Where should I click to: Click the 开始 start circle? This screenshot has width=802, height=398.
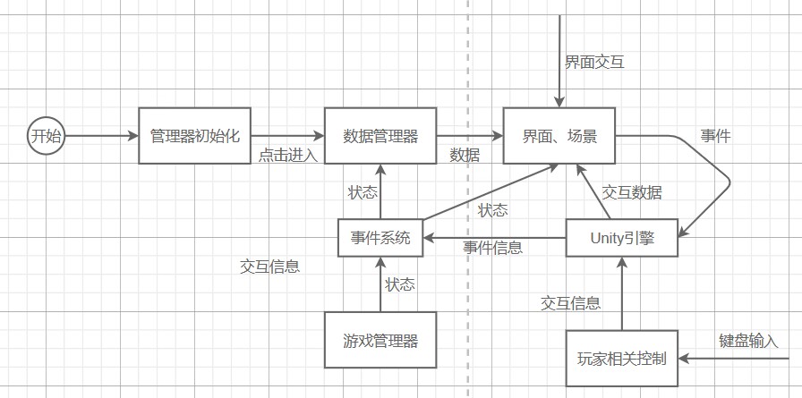[x=47, y=136]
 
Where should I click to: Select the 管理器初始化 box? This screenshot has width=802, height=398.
[x=195, y=136]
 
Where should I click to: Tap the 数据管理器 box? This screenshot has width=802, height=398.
[x=380, y=136]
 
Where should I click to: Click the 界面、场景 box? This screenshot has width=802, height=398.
[x=559, y=136]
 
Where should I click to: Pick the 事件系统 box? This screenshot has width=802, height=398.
[x=380, y=238]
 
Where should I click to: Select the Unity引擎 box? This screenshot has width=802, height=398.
[x=622, y=238]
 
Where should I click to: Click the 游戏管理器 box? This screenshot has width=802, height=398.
[x=380, y=340]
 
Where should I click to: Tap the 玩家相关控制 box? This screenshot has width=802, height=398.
[x=622, y=359]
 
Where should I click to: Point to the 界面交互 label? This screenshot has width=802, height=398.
[x=594, y=63]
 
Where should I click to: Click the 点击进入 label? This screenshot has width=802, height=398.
[x=288, y=155]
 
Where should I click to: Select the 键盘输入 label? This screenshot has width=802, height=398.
[x=748, y=341]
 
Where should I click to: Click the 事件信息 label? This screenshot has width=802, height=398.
[x=492, y=248]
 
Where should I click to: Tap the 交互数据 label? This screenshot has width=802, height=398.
[x=632, y=192]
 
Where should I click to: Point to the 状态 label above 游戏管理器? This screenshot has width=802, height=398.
[x=399, y=285]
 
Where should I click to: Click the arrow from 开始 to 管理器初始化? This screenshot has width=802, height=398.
[x=102, y=136]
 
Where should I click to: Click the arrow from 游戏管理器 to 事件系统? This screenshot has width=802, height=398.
[x=380, y=284]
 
